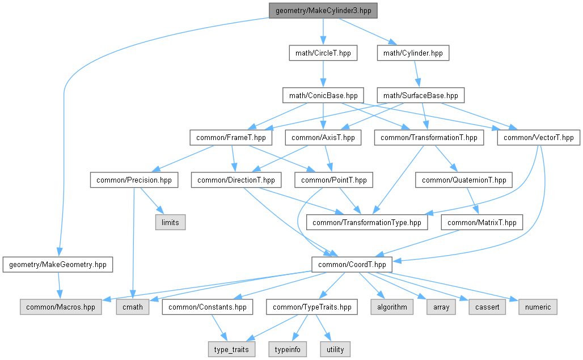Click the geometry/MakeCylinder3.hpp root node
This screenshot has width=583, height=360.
tap(323, 11)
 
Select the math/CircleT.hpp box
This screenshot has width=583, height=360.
tap(323, 53)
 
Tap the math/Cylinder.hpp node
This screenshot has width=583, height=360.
tap(413, 53)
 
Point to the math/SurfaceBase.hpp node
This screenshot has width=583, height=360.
tap(421, 95)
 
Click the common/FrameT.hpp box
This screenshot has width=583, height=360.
tap(231, 137)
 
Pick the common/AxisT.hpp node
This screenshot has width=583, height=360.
tap(322, 137)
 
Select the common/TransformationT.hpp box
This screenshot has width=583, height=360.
tap(429, 137)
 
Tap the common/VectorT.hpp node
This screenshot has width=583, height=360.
tap(539, 137)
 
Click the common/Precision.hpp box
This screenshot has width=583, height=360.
tap(134, 180)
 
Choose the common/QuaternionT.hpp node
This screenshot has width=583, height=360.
tap(464, 180)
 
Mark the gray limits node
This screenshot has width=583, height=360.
tap(170, 222)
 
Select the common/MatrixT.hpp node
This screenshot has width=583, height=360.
tap(482, 222)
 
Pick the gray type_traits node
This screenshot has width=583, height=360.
tap(231, 349)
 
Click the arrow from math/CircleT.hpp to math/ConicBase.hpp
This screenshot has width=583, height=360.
tap(323, 74)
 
